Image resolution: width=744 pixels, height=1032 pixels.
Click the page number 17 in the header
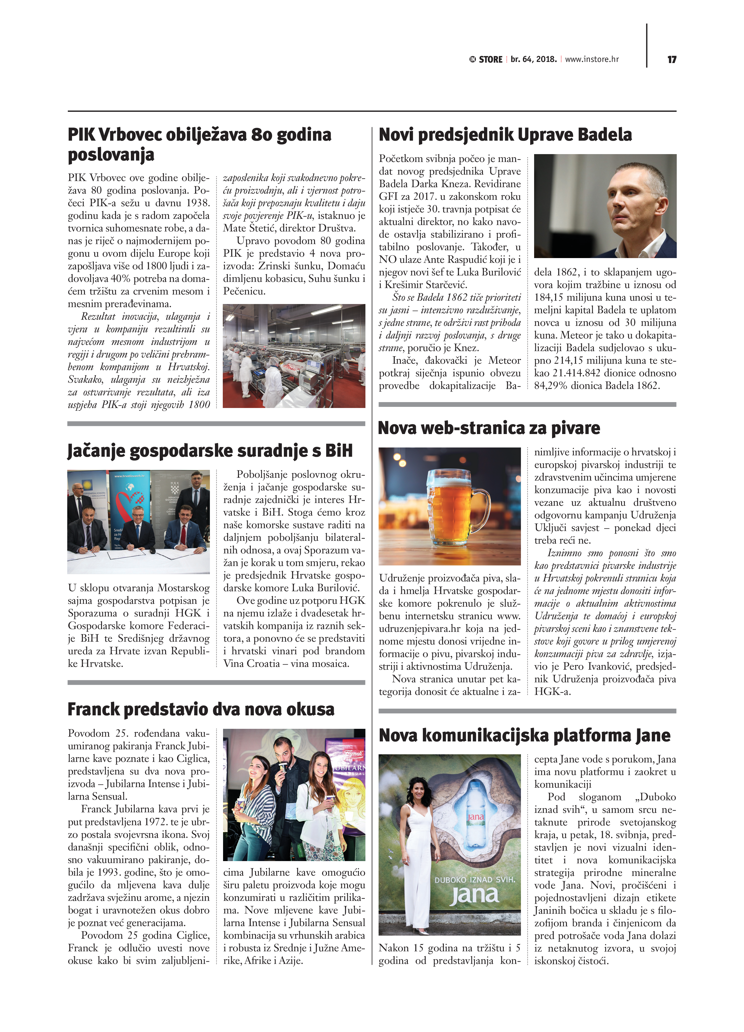[x=672, y=60]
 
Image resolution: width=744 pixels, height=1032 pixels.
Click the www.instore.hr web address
[x=592, y=59]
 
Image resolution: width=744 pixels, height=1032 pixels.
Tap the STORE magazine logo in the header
[x=486, y=60]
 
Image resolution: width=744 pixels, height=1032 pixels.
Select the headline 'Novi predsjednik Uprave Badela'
[x=505, y=135]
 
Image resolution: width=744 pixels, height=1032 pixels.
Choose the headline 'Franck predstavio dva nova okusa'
[x=201, y=709]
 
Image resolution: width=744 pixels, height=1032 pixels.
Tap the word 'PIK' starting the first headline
[x=81, y=135]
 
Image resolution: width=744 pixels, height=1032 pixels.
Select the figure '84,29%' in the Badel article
[x=551, y=386]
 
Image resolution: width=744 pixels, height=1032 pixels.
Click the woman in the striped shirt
[x=255, y=805]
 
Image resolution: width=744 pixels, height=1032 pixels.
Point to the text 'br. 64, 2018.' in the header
[x=533, y=59]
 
